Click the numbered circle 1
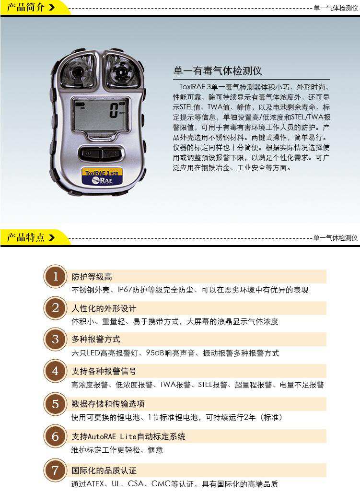point(56,277)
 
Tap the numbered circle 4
point(56,371)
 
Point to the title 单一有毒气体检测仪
point(217,71)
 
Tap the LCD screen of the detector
point(100,115)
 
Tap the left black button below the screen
point(90,154)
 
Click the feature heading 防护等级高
point(92,277)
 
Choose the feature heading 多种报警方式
point(96,340)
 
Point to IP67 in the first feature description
point(127,290)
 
